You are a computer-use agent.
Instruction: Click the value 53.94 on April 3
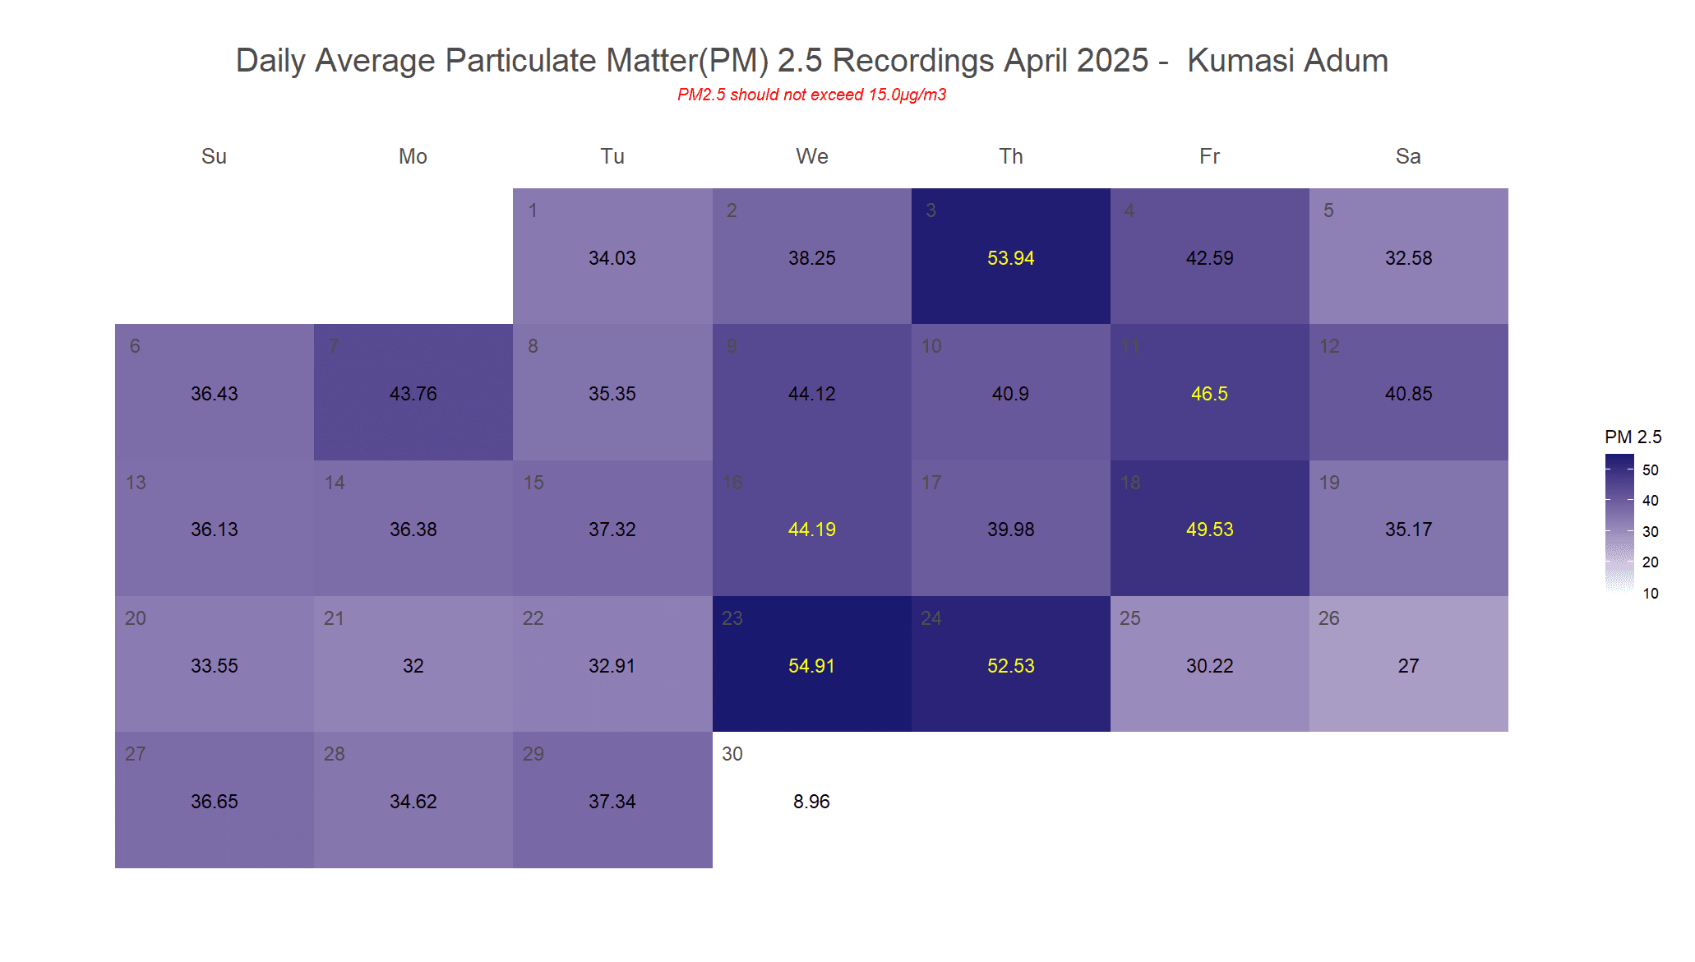1010,258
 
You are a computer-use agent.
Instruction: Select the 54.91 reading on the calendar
811,666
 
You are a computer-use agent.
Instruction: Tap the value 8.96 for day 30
811,802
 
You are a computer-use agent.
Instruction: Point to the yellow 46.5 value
1209,394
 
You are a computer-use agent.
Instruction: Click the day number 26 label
1328,618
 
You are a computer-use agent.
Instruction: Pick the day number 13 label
136,483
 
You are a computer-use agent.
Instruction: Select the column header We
811,156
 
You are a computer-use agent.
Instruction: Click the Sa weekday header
1408,156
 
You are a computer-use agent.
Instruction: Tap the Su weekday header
214,156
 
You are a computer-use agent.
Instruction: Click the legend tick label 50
1650,470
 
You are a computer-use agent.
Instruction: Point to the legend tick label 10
1650,594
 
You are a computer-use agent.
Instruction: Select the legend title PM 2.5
1633,437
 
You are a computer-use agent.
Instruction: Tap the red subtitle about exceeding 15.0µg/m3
811,95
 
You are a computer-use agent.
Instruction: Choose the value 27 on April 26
1408,666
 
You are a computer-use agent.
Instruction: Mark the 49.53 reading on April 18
1209,530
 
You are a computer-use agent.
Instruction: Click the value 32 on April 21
413,666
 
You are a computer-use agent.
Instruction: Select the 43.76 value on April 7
413,394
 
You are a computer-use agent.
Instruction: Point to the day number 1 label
533,210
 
